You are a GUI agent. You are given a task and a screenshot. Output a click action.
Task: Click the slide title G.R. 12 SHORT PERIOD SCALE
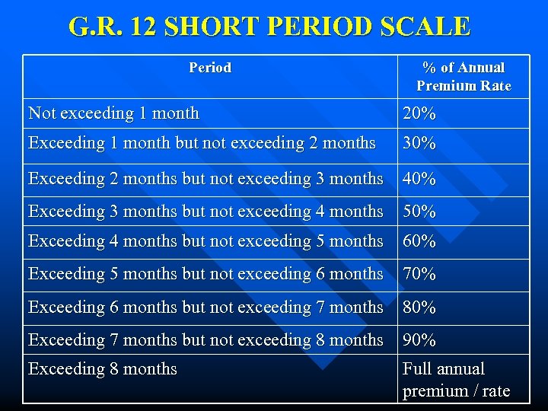(x=269, y=27)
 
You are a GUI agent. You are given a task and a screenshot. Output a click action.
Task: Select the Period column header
(x=210, y=68)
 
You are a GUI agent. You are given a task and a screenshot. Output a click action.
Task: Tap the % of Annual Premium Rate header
(x=464, y=77)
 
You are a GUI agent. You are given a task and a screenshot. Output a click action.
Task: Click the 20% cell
(x=419, y=114)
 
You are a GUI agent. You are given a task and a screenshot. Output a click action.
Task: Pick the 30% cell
(x=419, y=143)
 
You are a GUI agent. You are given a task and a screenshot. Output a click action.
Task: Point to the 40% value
(x=419, y=180)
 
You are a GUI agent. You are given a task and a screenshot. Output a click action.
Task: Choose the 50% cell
(x=419, y=212)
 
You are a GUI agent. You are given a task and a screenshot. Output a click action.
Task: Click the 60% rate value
(x=419, y=241)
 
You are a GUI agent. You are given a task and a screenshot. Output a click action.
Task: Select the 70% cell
(x=419, y=274)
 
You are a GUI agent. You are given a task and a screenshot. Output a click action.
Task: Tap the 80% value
(x=419, y=307)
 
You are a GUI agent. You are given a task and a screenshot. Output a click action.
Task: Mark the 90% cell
(x=419, y=340)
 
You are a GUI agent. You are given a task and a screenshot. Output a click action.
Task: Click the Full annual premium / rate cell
(x=456, y=380)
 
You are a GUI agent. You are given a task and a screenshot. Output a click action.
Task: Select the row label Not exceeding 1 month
(x=113, y=113)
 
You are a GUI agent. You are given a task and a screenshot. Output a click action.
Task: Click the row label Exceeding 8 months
(x=103, y=369)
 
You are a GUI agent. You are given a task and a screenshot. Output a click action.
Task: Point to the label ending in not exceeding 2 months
(x=202, y=143)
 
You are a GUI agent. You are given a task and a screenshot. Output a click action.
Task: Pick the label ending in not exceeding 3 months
(x=205, y=179)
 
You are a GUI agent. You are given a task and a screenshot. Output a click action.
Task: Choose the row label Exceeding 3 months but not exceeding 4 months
(x=205, y=211)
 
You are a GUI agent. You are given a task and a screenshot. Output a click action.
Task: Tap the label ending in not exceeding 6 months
(x=205, y=273)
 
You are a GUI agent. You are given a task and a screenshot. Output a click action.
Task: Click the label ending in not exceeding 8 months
(x=205, y=339)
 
